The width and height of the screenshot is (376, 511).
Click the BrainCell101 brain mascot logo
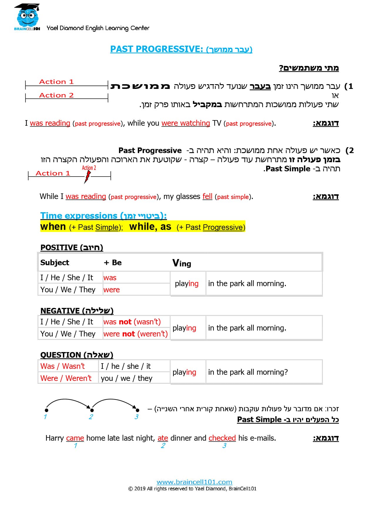tap(27, 16)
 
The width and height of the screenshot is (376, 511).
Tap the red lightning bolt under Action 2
tap(88, 177)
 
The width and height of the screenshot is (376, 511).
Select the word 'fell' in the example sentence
tap(207, 196)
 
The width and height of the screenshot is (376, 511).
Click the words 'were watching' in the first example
tap(186, 123)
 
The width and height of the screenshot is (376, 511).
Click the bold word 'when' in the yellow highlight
tap(53, 227)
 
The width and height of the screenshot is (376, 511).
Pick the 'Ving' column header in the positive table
tap(182, 263)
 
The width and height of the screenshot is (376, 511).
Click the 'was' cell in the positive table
tap(110, 278)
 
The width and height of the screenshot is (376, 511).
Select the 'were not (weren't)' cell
tap(135, 334)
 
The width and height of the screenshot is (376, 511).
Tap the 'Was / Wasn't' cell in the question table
tap(63, 366)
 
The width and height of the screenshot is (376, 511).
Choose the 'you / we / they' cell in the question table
tap(126, 378)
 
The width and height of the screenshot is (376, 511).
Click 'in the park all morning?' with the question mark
tap(248, 372)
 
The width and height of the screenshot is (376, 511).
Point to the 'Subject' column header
tap(55, 263)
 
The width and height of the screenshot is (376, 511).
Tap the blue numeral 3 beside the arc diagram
tap(136, 417)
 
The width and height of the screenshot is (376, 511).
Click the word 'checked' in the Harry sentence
tap(222, 438)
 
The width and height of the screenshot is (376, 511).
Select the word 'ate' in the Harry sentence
tap(163, 438)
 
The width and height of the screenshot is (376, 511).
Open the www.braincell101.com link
tap(194, 482)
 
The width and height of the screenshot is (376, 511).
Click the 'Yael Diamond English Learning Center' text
tap(98, 28)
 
